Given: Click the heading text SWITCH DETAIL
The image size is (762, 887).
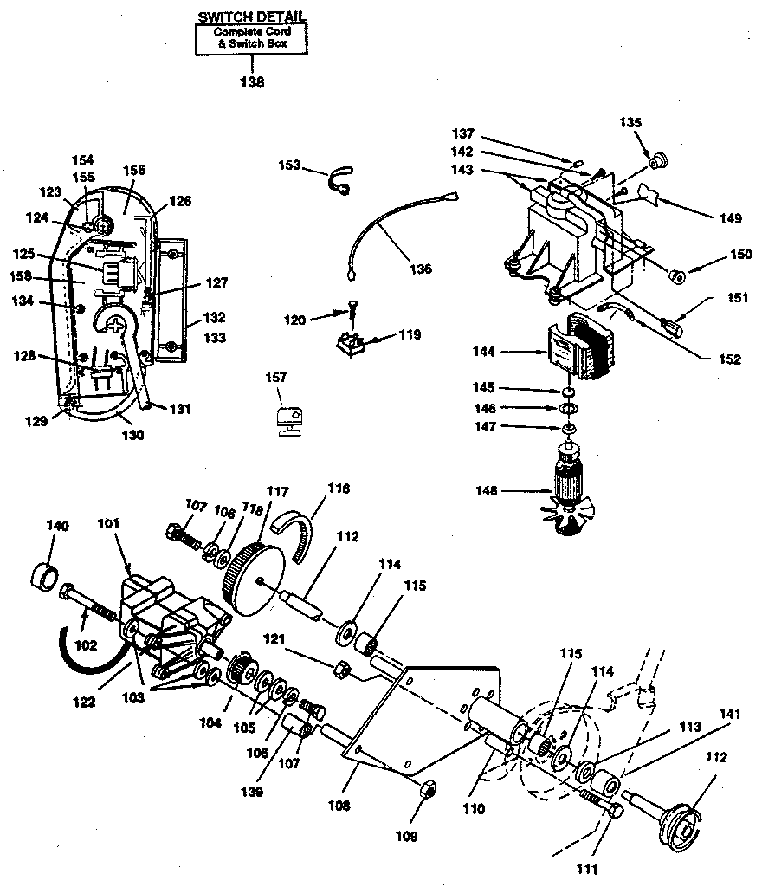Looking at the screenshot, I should pyautogui.click(x=252, y=16).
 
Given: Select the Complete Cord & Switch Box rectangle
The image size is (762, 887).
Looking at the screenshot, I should pyautogui.click(x=252, y=39).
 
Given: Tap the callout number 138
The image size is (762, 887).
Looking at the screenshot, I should pyautogui.click(x=252, y=83).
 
